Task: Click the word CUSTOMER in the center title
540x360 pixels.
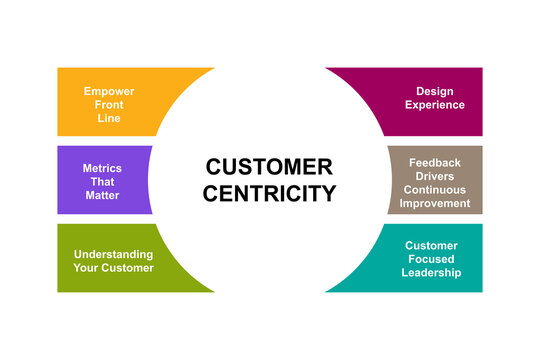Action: pos(269,167)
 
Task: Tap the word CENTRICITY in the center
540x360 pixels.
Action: pos(269,193)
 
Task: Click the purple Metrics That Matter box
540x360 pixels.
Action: pos(100,180)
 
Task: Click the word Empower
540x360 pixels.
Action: pos(110,91)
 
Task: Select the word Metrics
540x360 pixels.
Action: pos(102,168)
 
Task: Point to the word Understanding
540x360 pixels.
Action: pos(114,253)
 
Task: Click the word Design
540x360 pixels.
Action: pos(435,91)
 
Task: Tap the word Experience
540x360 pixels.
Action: pos(435,104)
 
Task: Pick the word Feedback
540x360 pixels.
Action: pos(435,162)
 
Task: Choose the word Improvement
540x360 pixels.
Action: pos(435,203)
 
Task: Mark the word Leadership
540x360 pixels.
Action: pos(432,272)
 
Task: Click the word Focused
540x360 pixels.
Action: pos(432,258)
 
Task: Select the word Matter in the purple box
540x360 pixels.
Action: pos(102,195)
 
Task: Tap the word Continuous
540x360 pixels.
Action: pos(435,189)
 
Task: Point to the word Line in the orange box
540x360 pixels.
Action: pos(110,118)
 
